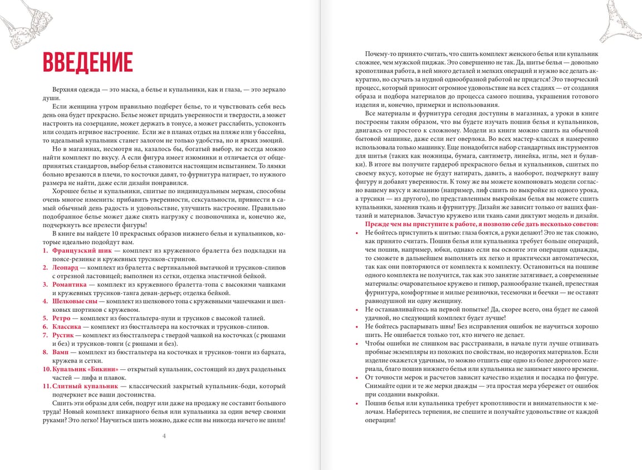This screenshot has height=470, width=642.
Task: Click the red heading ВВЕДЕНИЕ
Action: coord(87,62)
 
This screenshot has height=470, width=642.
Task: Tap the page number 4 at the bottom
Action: coord(164,435)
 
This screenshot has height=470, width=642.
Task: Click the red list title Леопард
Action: coord(65,267)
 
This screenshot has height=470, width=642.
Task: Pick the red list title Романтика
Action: coord(69,284)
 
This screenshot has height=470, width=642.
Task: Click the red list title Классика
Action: coord(67,326)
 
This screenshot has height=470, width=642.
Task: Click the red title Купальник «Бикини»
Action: coord(82,369)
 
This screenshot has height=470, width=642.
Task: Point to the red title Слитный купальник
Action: coord(85,385)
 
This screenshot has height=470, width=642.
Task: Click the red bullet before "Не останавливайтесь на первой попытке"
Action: coord(356,309)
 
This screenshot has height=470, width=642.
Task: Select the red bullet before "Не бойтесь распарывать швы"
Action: coord(356,326)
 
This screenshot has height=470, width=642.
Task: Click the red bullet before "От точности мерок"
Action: coord(356,378)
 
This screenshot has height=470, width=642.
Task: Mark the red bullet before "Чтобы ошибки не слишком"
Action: coord(356,344)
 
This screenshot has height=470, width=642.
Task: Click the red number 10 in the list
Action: coord(47,369)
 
